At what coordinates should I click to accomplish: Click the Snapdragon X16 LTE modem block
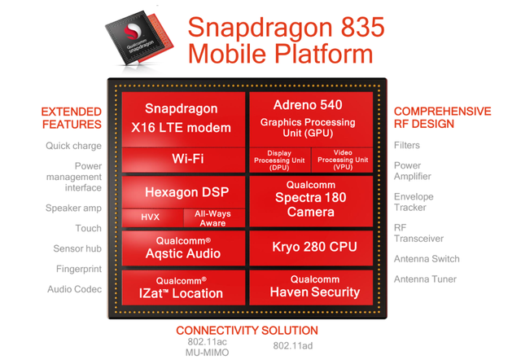click(x=183, y=119)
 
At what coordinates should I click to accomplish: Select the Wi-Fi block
click(x=183, y=160)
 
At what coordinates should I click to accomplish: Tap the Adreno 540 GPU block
click(x=311, y=119)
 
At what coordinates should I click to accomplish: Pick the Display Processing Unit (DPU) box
click(x=280, y=160)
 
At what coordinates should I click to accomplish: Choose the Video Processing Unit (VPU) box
click(x=342, y=160)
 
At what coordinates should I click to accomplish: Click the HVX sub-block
click(x=152, y=218)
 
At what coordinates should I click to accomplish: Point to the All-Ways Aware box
click(x=215, y=218)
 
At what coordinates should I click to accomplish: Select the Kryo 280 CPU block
click(x=311, y=248)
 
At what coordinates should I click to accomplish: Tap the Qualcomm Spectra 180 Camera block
click(x=311, y=201)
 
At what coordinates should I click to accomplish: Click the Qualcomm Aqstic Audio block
click(x=183, y=248)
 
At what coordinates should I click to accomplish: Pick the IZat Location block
click(x=183, y=288)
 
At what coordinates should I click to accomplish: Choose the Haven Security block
click(x=311, y=288)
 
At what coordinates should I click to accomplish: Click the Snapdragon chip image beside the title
click(x=139, y=38)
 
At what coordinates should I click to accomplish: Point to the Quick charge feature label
click(x=73, y=146)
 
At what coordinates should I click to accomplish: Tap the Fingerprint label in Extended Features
click(x=79, y=269)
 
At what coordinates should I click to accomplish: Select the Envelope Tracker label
click(x=414, y=202)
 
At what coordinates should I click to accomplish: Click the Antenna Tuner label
click(x=425, y=279)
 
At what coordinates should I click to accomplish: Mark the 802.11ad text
click(x=293, y=346)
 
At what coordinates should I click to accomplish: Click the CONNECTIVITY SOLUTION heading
click(x=247, y=331)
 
